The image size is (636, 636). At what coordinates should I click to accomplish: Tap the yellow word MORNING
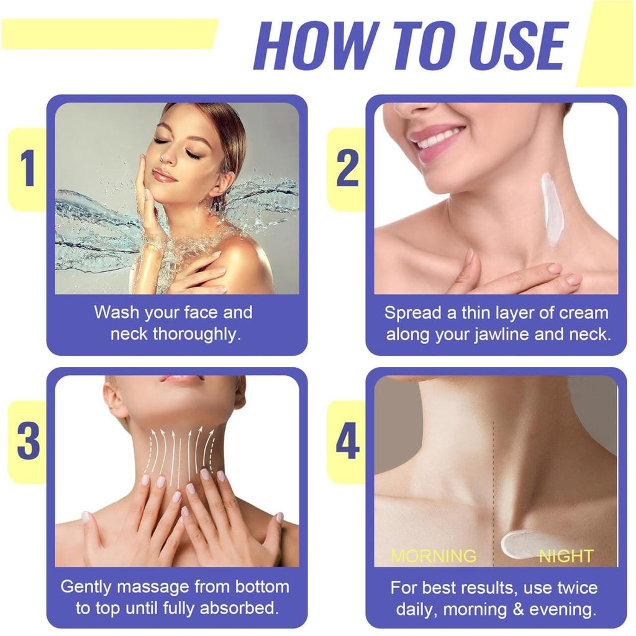[433, 555]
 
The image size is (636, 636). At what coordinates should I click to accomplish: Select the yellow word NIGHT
[566, 555]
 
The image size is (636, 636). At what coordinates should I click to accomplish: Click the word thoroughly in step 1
[198, 334]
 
